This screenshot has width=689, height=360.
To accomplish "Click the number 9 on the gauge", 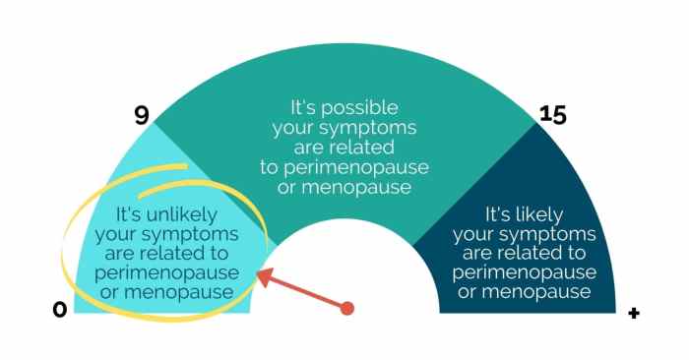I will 141,115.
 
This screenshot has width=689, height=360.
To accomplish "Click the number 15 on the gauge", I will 553,115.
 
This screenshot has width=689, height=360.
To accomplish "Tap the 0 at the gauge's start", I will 60,310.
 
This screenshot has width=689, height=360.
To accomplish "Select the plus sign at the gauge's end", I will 634,314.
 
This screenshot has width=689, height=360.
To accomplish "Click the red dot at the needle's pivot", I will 346,309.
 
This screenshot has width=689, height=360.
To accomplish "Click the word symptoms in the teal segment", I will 380,128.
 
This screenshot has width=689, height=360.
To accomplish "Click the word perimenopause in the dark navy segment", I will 539,271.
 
